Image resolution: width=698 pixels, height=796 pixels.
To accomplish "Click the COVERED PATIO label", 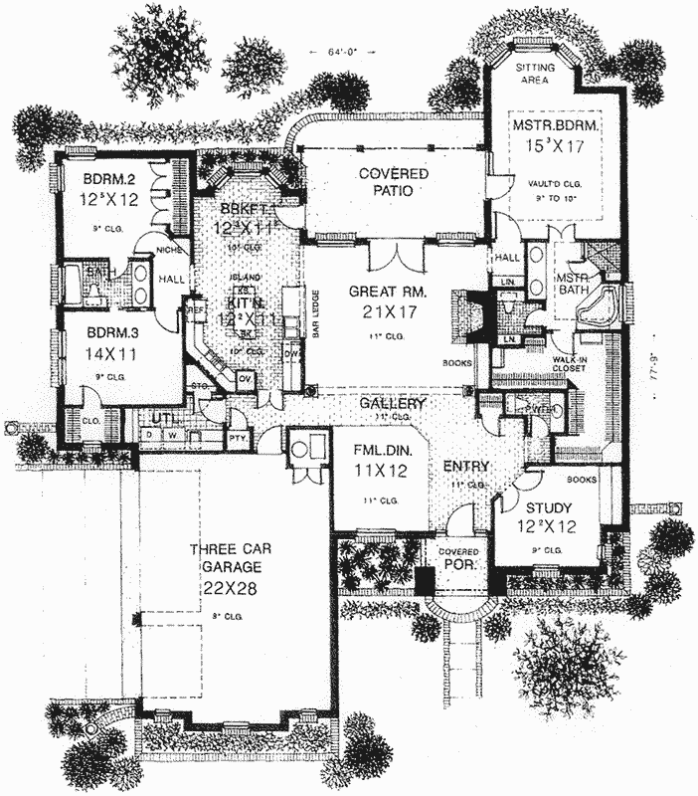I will (394, 182).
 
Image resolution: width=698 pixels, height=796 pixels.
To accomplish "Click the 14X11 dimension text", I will (99, 352).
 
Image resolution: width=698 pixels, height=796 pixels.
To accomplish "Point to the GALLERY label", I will (393, 404).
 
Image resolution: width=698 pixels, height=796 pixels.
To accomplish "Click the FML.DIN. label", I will (371, 447).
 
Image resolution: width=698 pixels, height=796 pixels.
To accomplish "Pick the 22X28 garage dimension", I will (228, 588).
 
